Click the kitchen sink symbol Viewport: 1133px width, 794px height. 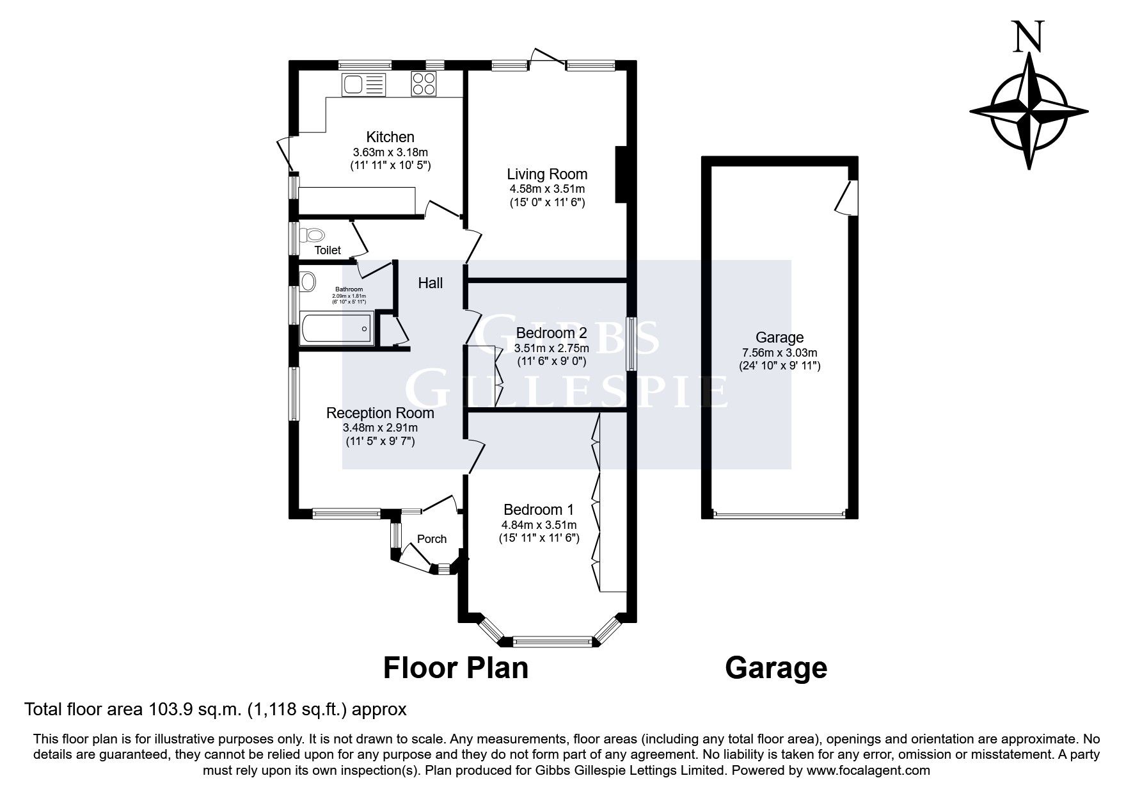pyautogui.click(x=363, y=85)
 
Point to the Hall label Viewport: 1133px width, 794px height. pyautogui.click(x=431, y=283)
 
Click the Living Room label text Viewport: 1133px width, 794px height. pyautogui.click(x=547, y=174)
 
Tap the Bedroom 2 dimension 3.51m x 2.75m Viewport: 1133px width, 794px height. pyautogui.click(x=551, y=348)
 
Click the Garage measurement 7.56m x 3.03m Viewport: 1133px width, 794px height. pyautogui.click(x=779, y=353)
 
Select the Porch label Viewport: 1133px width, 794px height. pyautogui.click(x=432, y=539)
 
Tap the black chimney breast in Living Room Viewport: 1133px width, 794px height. pyautogui.click(x=620, y=175)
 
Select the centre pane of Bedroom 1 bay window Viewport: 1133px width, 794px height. pyautogui.click(x=553, y=640)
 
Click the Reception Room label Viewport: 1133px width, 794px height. pyautogui.click(x=380, y=413)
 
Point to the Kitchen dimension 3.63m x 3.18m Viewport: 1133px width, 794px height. pyautogui.click(x=390, y=152)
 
